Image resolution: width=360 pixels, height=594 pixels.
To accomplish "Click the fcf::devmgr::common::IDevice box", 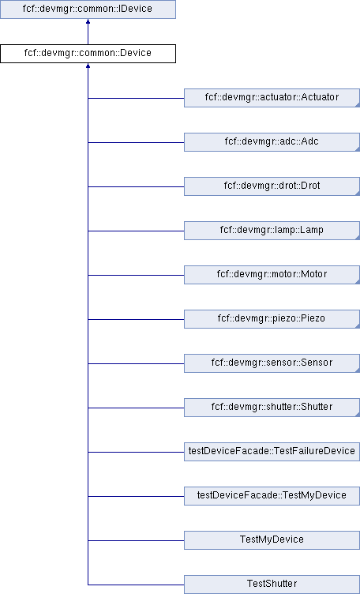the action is click(x=88, y=9).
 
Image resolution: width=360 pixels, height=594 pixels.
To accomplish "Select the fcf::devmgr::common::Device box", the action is click(x=88, y=54).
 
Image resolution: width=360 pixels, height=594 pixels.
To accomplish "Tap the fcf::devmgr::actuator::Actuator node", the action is click(x=272, y=98).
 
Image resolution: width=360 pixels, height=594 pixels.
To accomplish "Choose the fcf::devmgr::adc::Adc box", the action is click(x=272, y=142).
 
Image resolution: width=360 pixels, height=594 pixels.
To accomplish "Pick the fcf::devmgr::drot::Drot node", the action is click(x=272, y=186).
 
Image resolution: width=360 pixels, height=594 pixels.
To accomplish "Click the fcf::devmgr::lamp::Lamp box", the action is click(x=272, y=231).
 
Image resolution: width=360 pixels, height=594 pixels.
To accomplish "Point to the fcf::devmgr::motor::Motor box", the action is click(x=272, y=275).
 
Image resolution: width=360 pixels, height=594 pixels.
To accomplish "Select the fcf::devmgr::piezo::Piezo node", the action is click(x=272, y=319).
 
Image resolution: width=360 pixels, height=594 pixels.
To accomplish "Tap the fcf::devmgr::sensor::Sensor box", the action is click(x=272, y=363).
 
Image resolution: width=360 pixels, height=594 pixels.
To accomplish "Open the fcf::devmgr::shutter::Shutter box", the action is click(x=272, y=408).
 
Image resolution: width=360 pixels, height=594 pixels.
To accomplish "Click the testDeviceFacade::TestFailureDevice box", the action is click(x=272, y=452).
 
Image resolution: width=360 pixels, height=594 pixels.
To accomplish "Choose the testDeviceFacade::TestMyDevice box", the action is click(x=272, y=496).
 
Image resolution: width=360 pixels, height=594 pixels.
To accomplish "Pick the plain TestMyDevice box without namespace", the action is click(x=272, y=540).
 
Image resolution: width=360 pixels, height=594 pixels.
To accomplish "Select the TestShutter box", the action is click(x=272, y=585).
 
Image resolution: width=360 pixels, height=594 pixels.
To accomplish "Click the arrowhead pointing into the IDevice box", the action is click(x=88, y=21).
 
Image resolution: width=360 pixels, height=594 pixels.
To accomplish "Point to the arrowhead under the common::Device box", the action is click(x=88, y=66).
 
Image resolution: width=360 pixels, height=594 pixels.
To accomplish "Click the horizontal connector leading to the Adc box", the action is click(x=136, y=142).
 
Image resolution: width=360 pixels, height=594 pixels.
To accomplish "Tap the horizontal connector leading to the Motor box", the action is click(x=136, y=275).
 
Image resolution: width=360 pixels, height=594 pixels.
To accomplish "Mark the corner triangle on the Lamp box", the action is click(x=358, y=238).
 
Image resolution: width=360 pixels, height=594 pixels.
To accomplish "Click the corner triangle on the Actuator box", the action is click(x=358, y=104).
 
